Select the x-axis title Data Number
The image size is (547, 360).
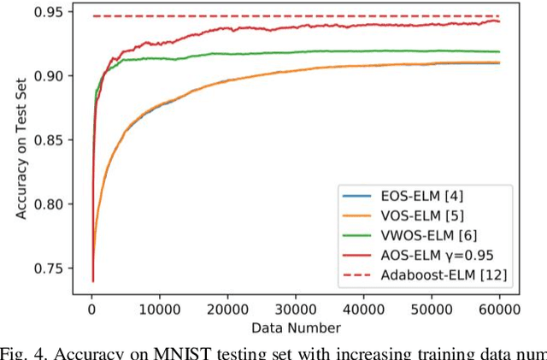tap(295, 328)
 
